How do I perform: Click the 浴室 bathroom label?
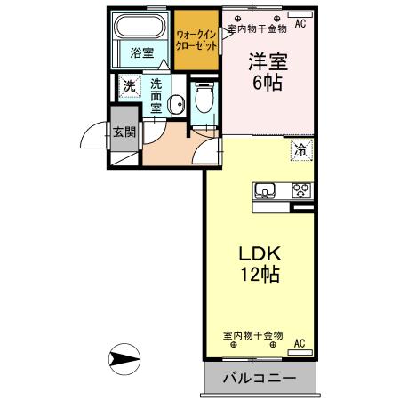point(141,52)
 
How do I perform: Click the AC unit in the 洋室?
point(300,23)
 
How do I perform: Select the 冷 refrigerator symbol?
point(302,150)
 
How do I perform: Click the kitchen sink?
point(267,189)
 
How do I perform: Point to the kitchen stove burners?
point(300,189)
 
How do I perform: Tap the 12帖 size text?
point(258,275)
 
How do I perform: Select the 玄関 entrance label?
point(124,133)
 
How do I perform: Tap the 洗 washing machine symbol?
point(130,87)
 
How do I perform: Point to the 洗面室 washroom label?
point(156,96)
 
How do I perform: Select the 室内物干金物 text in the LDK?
point(252,335)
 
